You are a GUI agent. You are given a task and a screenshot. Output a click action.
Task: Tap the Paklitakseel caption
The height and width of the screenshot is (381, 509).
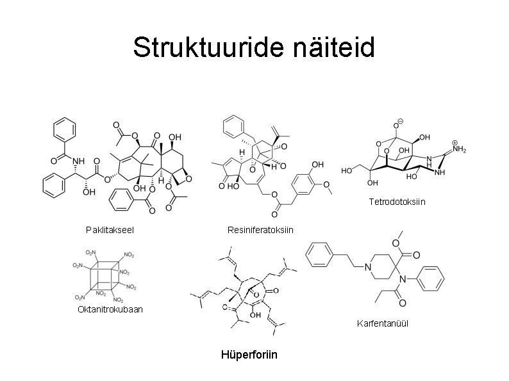click(x=109, y=229)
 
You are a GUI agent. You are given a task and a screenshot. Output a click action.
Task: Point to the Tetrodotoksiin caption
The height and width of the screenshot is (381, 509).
click(x=397, y=202)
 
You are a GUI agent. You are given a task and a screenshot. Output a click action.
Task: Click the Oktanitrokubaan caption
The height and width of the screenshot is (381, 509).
click(x=110, y=310)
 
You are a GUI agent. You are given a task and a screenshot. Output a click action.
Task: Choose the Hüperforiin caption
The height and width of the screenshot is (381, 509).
click(x=249, y=354)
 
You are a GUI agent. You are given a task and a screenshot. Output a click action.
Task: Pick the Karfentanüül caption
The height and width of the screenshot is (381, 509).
click(x=383, y=323)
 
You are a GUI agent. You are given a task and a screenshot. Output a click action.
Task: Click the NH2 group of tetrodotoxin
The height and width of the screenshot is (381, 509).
click(x=460, y=149)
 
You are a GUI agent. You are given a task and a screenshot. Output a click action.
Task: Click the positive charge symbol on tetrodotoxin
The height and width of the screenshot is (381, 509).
click(x=455, y=142)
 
